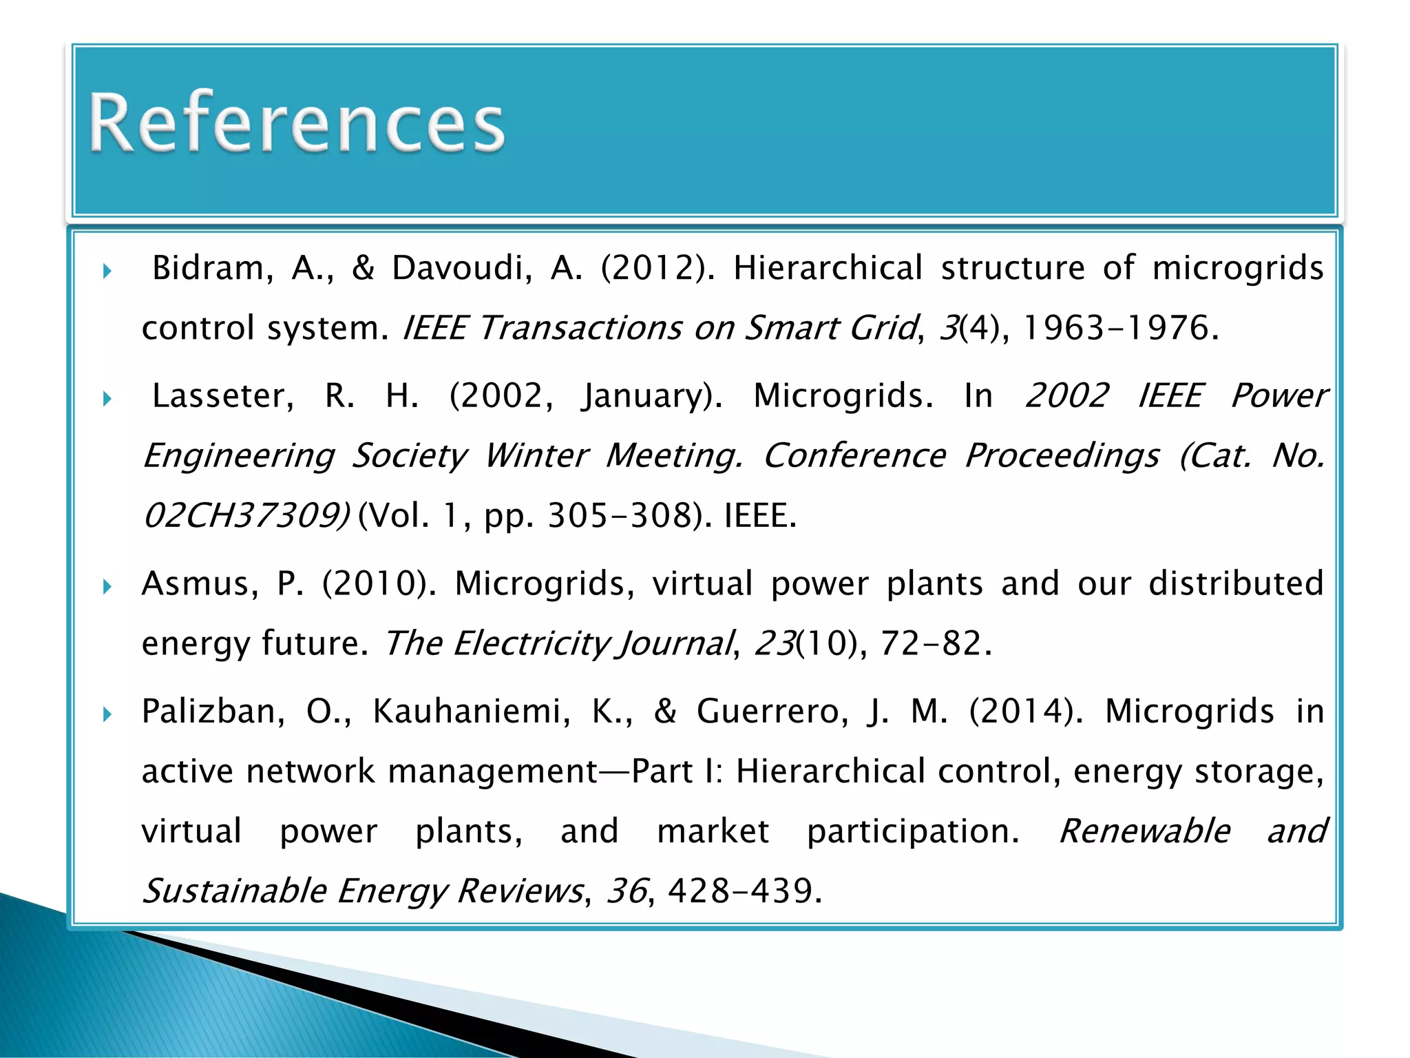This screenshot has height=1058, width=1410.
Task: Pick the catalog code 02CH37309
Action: pyautogui.click(x=244, y=515)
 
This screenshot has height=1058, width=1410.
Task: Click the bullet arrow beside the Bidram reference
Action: pyautogui.click(x=107, y=271)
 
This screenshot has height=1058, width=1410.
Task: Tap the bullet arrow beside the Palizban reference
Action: pyautogui.click(x=107, y=714)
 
